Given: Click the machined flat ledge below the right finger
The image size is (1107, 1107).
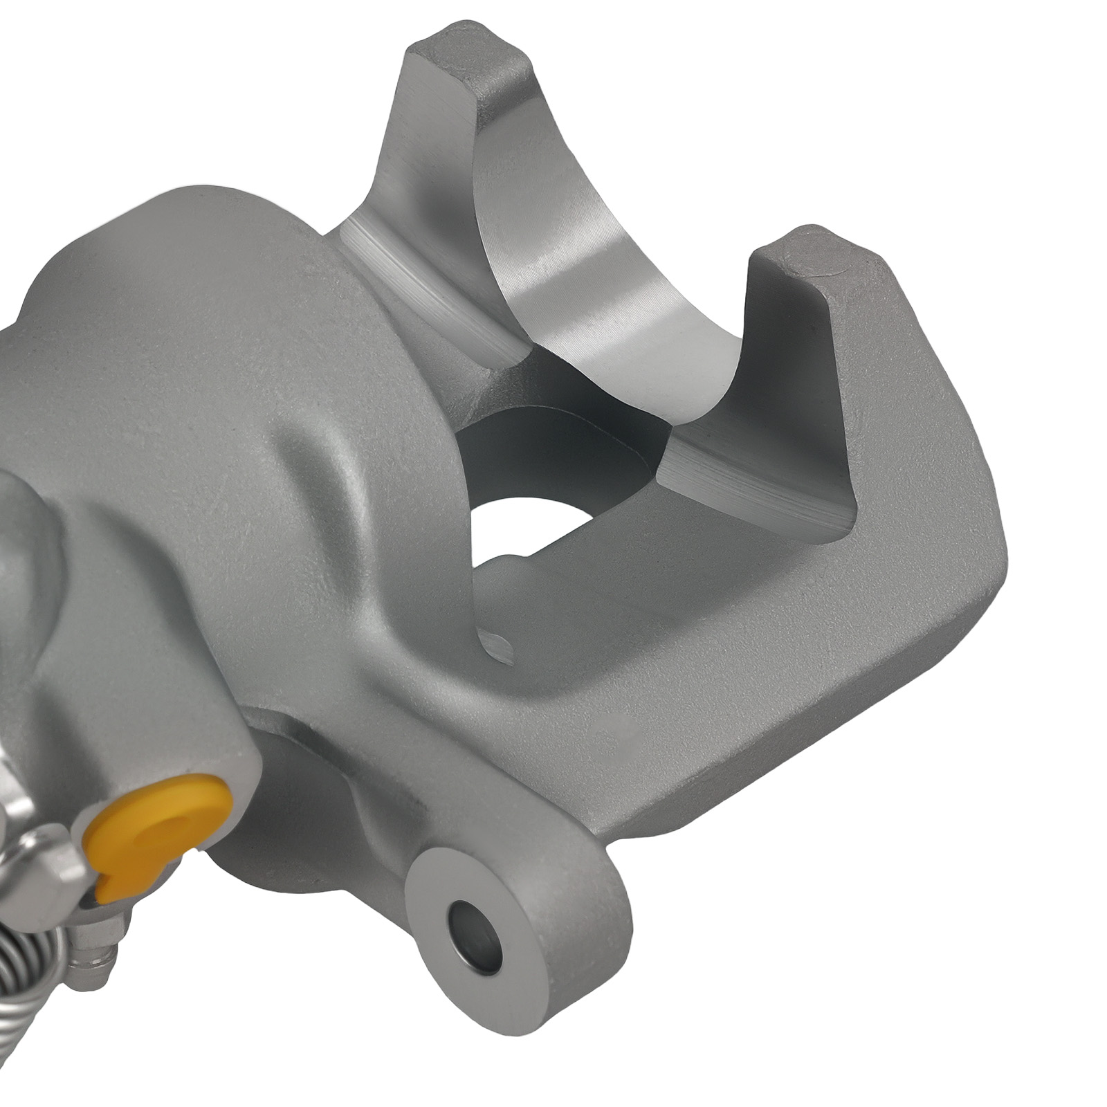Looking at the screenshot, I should click(754, 477).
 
